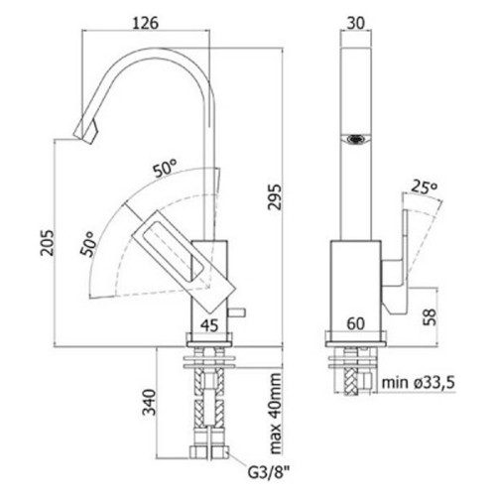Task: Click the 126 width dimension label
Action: click(146, 23)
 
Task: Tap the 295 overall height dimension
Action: click(275, 196)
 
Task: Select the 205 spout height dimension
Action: click(47, 242)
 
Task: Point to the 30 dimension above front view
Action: click(356, 23)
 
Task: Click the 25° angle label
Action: click(425, 187)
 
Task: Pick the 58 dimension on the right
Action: click(430, 317)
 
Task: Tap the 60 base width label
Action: click(356, 323)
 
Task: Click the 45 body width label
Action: click(209, 325)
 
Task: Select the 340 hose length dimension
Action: click(149, 402)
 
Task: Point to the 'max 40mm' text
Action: click(275, 414)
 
